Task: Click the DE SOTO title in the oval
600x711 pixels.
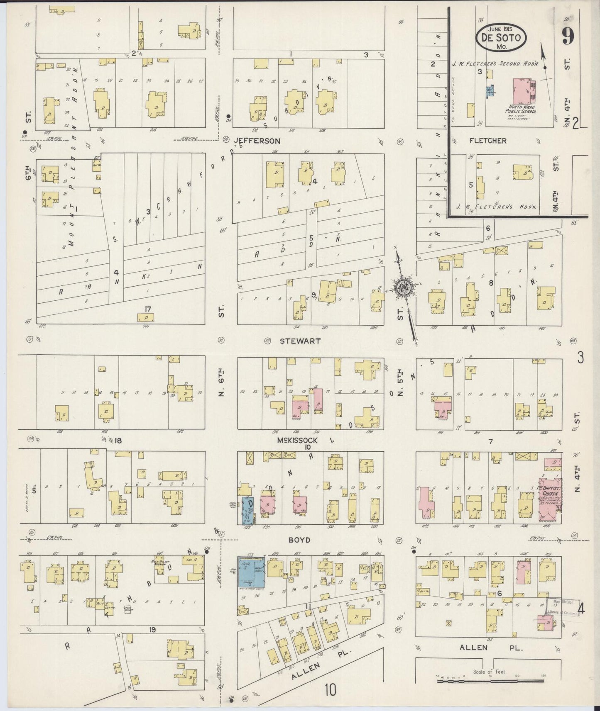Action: [x=501, y=37]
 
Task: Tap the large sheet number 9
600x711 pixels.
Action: [x=568, y=36]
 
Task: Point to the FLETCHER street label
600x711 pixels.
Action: [x=488, y=141]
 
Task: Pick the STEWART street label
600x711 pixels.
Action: [x=300, y=341]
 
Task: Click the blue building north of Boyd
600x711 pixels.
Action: [x=248, y=510]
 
